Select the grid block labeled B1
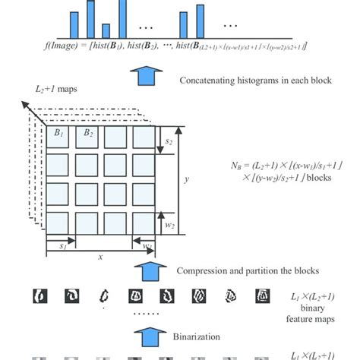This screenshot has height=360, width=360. click(59, 139)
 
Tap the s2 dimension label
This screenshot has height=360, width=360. click(169, 140)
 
